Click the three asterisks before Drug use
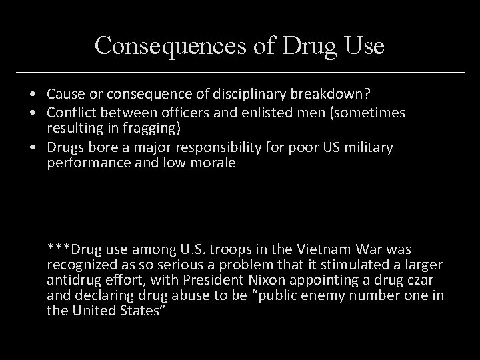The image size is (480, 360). click(x=58, y=249)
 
